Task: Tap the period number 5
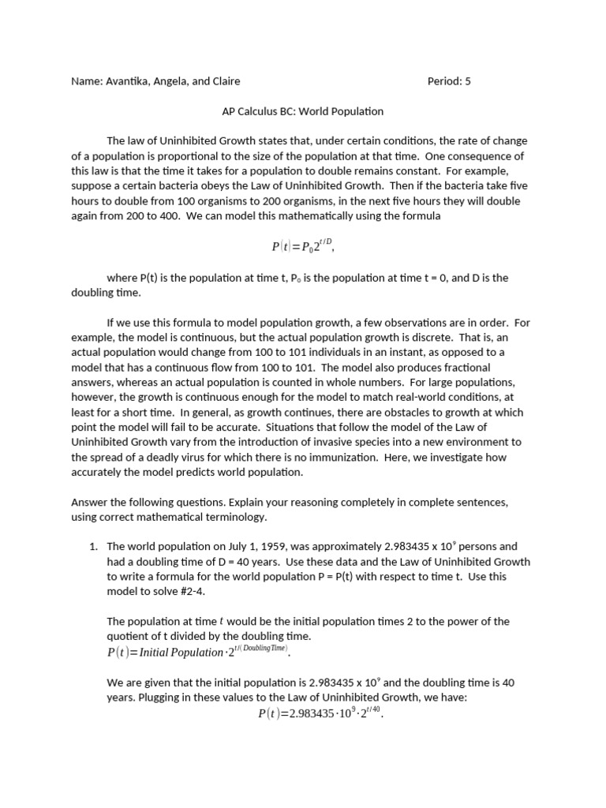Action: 468,81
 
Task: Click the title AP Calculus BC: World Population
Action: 303,112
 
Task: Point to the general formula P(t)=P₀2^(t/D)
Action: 303,246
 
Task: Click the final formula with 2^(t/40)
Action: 320,713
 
